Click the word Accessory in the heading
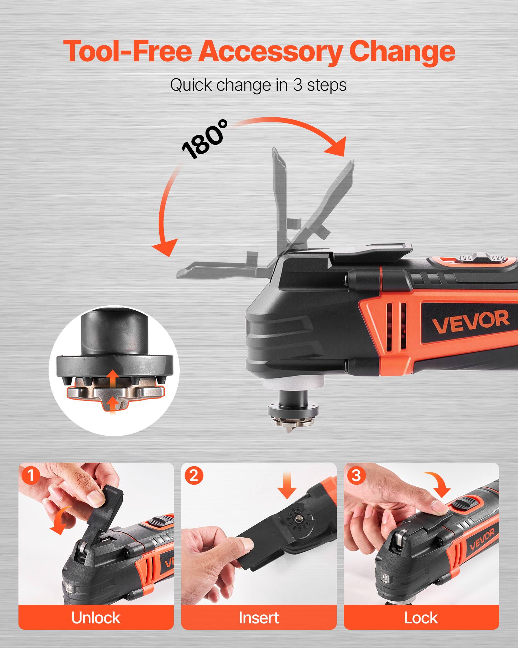point(270,52)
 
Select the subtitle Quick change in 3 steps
point(258,85)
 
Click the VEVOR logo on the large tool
point(470,321)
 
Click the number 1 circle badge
point(31,476)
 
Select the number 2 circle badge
point(194,476)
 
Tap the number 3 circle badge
point(356,476)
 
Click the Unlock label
point(96,618)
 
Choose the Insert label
point(259,618)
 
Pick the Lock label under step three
point(421,618)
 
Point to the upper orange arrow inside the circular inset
point(113,378)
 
